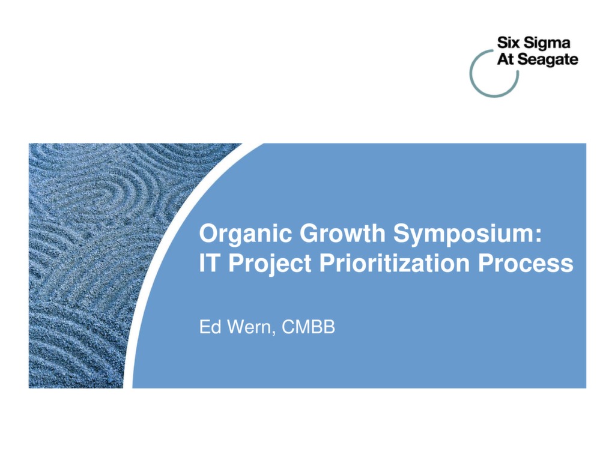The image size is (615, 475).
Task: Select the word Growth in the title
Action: pyautogui.click(x=342, y=233)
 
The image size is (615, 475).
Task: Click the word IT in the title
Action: pyautogui.click(x=208, y=263)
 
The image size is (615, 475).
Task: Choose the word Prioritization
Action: pyautogui.click(x=394, y=263)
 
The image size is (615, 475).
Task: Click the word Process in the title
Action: pyautogui.click(x=526, y=263)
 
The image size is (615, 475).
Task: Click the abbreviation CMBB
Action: pyautogui.click(x=308, y=327)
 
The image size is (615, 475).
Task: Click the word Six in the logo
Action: pyautogui.click(x=508, y=43)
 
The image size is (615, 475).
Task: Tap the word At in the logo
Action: pyautogui.click(x=506, y=59)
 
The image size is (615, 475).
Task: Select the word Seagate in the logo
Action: pyautogui.click(x=548, y=60)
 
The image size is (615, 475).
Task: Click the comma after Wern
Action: pyautogui.click(x=273, y=333)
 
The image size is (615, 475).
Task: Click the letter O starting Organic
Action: pyautogui.click(x=208, y=234)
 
